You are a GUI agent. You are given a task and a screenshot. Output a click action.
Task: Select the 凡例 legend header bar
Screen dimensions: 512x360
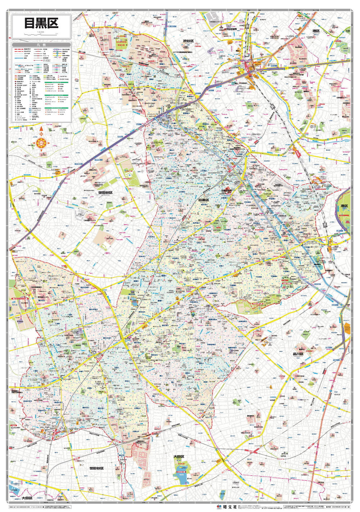click(x=41, y=45)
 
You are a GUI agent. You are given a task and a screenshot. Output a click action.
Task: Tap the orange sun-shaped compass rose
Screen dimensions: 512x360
click(x=41, y=143)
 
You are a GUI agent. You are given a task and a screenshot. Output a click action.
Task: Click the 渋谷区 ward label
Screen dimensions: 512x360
click(x=188, y=41)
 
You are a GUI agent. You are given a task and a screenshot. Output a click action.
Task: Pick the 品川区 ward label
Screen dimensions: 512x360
click(x=298, y=354)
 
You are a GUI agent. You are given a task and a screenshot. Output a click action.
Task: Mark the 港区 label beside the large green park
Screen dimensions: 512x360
click(x=344, y=206)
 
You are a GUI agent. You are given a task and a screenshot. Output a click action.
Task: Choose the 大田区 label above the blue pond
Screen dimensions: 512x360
click(x=179, y=457)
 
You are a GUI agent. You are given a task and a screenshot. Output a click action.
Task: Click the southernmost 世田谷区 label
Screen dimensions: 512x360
click(x=96, y=468)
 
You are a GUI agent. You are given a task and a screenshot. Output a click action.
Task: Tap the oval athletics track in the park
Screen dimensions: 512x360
click(x=129, y=175)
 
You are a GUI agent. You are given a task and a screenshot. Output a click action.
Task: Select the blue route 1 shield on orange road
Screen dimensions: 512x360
click(x=315, y=462)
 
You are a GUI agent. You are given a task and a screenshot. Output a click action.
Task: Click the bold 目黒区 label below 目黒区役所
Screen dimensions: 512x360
click(x=203, y=200)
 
